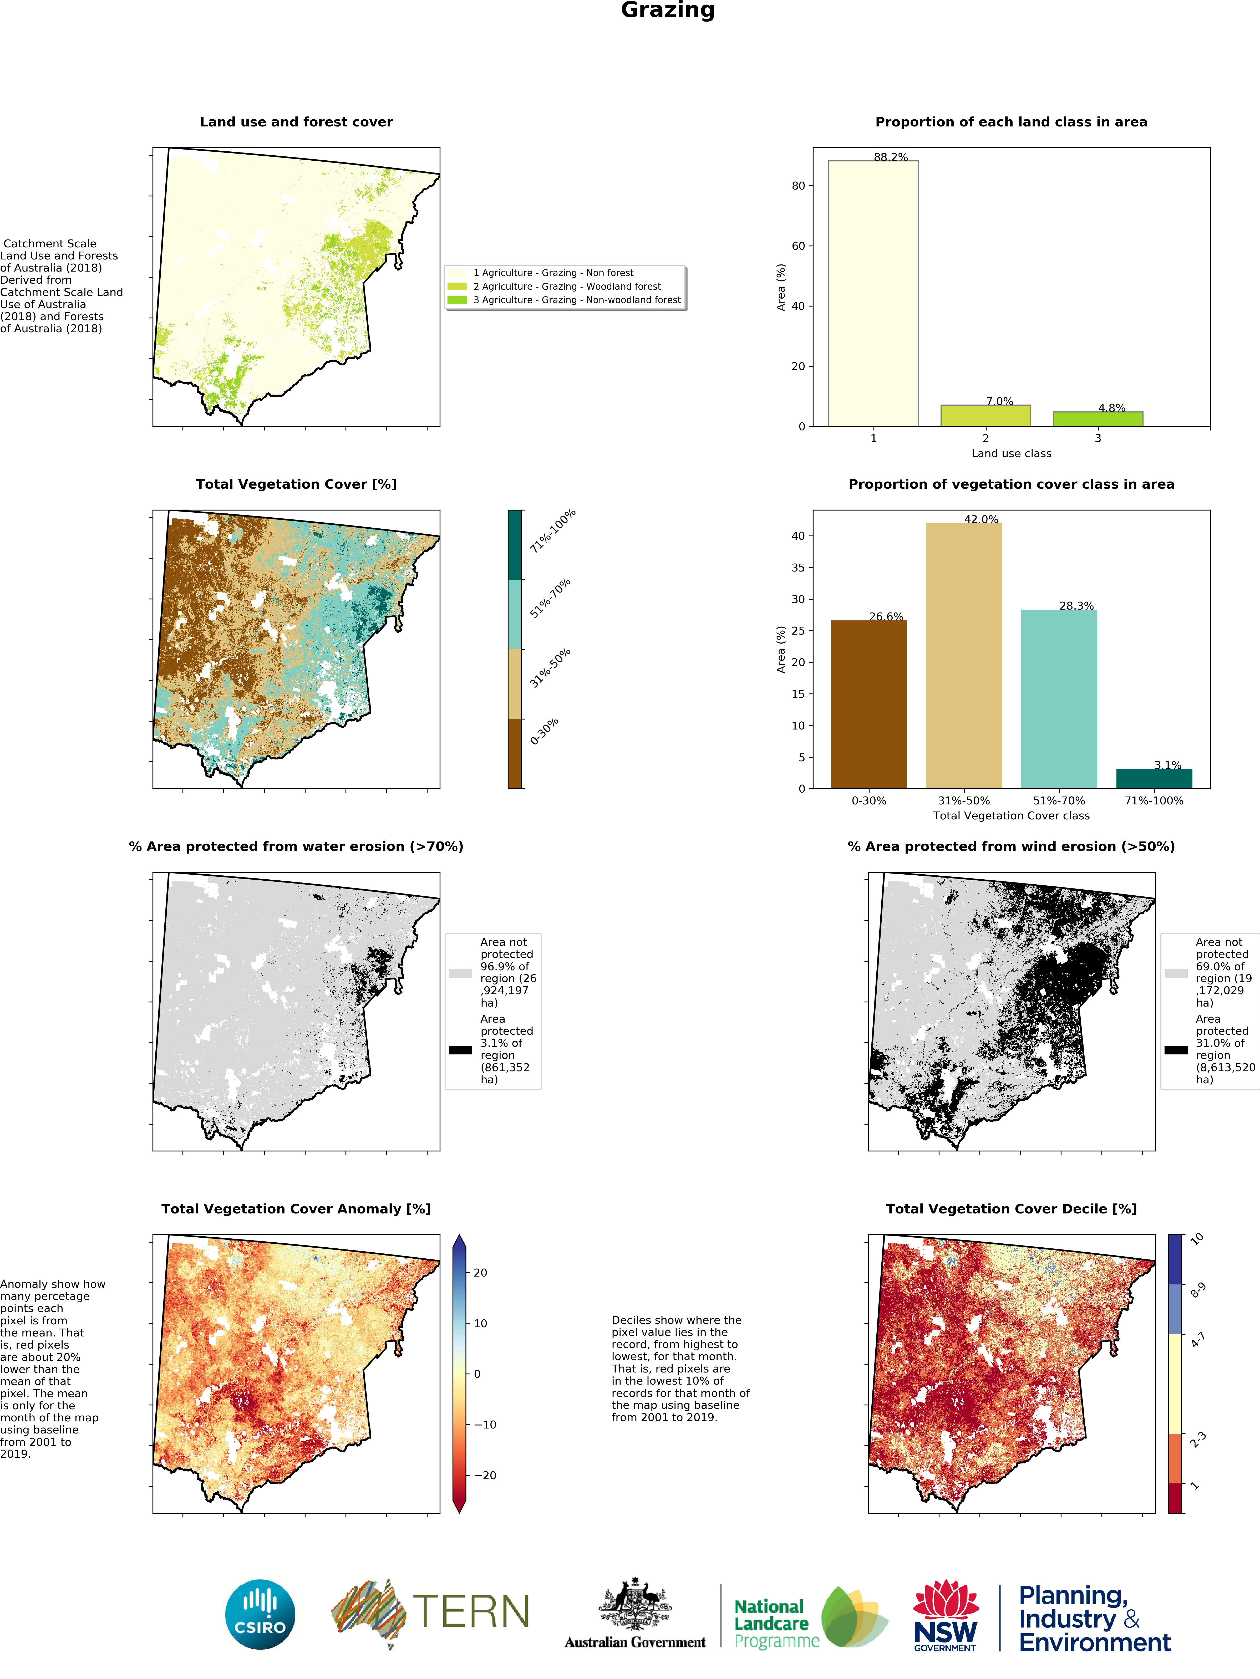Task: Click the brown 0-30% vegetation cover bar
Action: click(x=869, y=705)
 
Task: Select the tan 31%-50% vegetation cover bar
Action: click(x=964, y=656)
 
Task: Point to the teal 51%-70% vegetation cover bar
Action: click(x=1059, y=699)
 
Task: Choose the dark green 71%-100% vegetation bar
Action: click(x=1154, y=779)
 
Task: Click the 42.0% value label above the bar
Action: click(x=982, y=519)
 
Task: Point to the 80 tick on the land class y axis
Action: click(x=799, y=186)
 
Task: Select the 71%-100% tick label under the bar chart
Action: click(x=1154, y=801)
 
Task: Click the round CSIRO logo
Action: click(x=260, y=1615)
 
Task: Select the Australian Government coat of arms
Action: click(x=635, y=1604)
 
